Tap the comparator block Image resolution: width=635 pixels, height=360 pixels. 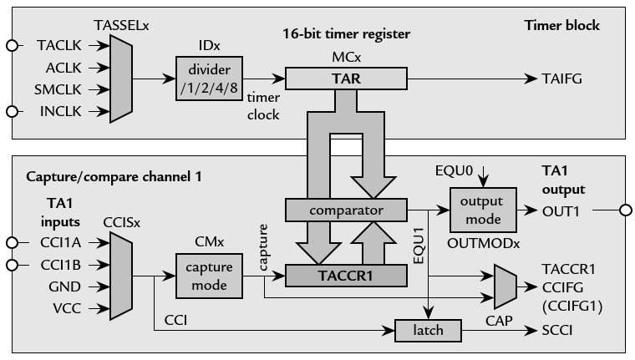345,210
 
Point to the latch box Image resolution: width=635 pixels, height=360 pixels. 429,331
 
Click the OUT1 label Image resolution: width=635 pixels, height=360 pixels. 561,210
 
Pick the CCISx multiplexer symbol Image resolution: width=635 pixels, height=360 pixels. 120,275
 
